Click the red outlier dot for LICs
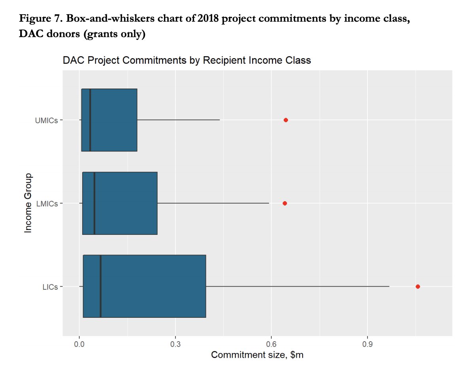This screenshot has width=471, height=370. click(x=418, y=287)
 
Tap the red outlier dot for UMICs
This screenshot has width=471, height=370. click(x=286, y=120)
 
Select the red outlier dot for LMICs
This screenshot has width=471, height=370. click(x=284, y=203)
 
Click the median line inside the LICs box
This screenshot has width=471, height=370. click(x=101, y=286)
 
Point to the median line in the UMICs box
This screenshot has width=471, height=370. click(x=90, y=120)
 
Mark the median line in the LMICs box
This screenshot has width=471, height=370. click(x=94, y=203)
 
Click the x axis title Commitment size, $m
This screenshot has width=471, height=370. click(x=257, y=355)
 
